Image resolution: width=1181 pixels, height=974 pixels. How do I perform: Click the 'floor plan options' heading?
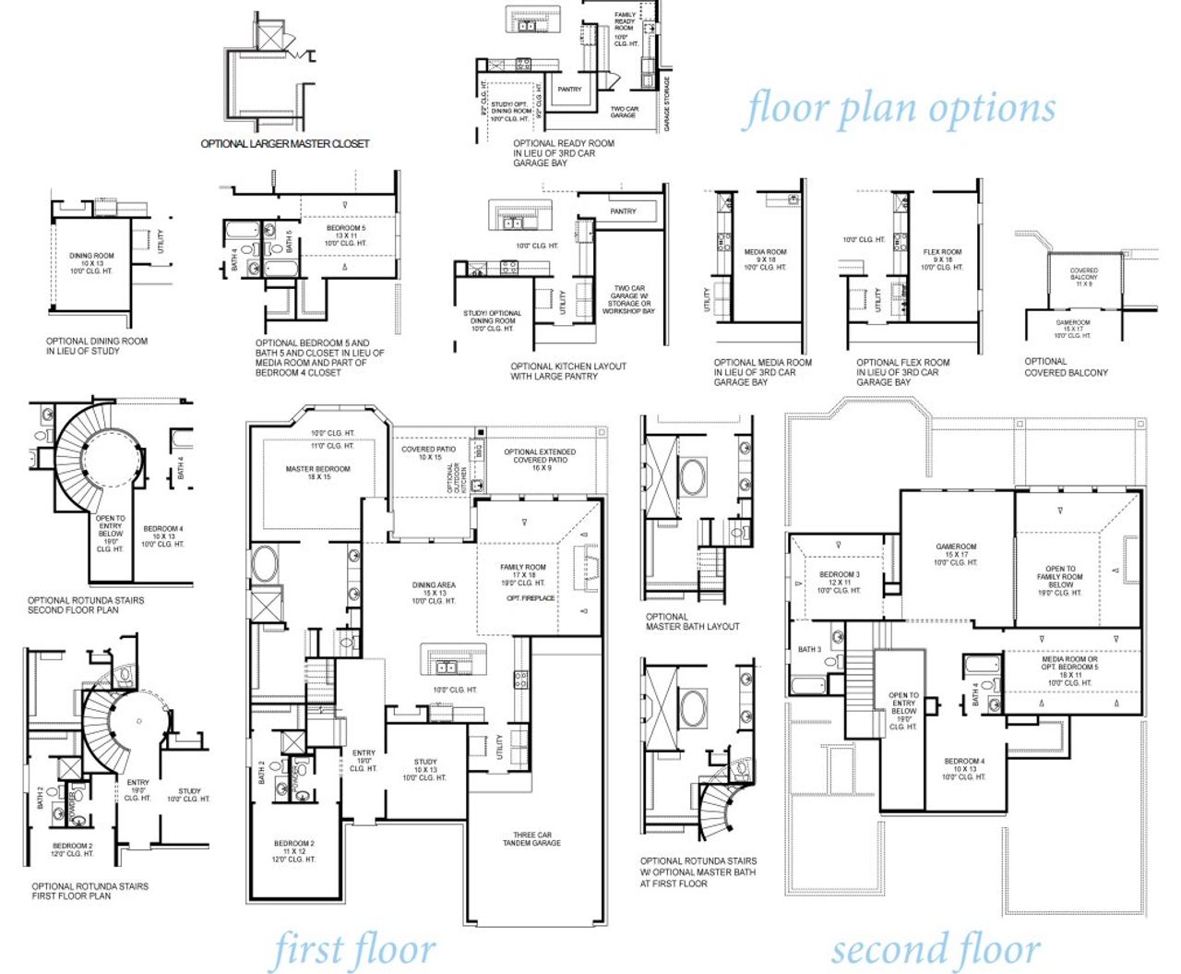pyautogui.click(x=900, y=109)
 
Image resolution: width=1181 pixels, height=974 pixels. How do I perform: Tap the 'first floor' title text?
pyautogui.click(x=353, y=949)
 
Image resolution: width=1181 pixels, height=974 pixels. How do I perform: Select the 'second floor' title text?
pyautogui.click(x=936, y=949)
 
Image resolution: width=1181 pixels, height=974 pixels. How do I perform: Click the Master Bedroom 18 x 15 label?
pyautogui.click(x=317, y=473)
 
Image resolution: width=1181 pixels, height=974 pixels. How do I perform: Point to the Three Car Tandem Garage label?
pyautogui.click(x=531, y=838)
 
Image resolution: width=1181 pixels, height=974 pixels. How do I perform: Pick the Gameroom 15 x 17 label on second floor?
pyautogui.click(x=956, y=554)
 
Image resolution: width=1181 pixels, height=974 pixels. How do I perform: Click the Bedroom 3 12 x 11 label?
pyautogui.click(x=839, y=582)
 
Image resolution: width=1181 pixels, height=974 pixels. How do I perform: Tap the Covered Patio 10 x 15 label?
pyautogui.click(x=429, y=453)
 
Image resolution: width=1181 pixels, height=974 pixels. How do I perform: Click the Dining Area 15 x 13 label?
pyautogui.click(x=434, y=593)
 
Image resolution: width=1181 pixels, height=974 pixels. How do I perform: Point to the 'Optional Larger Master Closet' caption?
pyautogui.click(x=285, y=144)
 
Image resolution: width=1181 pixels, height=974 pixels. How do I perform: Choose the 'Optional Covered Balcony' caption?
pyautogui.click(x=1066, y=367)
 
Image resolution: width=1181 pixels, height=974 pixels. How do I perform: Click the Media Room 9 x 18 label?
pyautogui.click(x=765, y=259)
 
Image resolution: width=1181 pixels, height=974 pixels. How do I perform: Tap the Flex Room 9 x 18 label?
pyautogui.click(x=942, y=259)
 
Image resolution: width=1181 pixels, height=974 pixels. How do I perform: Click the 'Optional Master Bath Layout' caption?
pyautogui.click(x=692, y=621)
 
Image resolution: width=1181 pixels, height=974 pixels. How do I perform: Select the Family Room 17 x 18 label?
pyautogui.click(x=523, y=574)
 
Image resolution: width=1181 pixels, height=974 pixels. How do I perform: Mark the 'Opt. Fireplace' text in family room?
pyautogui.click(x=531, y=598)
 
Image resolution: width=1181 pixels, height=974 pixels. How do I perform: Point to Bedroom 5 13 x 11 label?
pyautogui.click(x=345, y=235)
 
